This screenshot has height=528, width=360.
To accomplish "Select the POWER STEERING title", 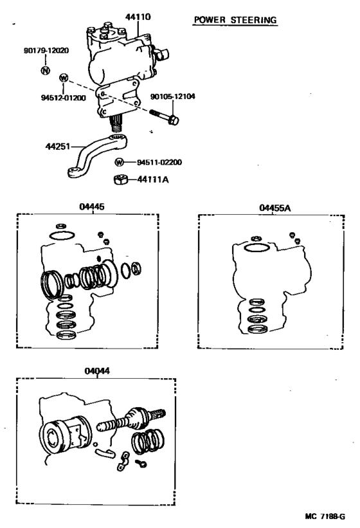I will (236, 21).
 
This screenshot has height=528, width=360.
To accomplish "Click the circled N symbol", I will (45, 70).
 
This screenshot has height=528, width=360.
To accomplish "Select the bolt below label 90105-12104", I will (166, 118).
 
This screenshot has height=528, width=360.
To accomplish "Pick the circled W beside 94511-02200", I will (120, 163).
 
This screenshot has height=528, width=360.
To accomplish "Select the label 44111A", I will (152, 181).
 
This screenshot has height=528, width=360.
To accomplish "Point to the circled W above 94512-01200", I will (64, 78).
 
